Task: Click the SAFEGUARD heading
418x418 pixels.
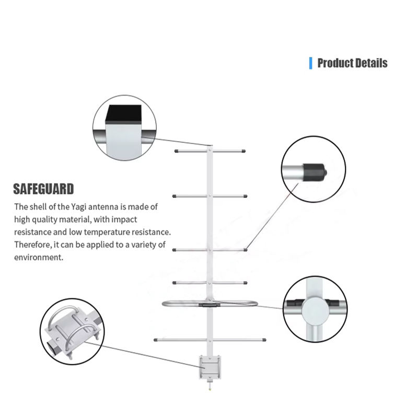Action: click(x=43, y=189)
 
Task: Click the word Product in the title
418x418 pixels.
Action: click(x=335, y=63)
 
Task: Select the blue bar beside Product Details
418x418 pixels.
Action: click(x=310, y=63)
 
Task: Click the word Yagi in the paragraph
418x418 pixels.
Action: click(x=78, y=207)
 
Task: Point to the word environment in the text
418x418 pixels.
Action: click(x=39, y=258)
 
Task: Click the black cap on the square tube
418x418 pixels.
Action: click(x=123, y=114)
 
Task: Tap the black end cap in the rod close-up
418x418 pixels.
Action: click(x=315, y=172)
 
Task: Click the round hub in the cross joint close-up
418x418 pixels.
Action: click(x=315, y=311)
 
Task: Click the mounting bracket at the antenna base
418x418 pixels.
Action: click(x=210, y=367)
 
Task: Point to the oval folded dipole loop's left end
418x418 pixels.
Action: click(x=163, y=304)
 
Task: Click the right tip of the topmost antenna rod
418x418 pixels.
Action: click(x=244, y=151)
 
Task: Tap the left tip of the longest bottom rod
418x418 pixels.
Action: click(x=155, y=340)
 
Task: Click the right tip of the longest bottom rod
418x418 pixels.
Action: click(x=264, y=340)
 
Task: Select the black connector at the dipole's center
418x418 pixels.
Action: click(x=210, y=304)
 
